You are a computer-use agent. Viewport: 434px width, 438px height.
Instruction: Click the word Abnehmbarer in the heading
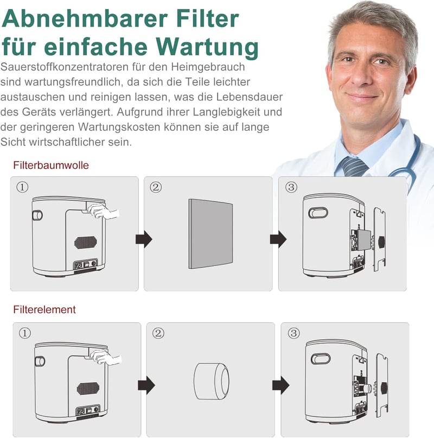pos(85,18)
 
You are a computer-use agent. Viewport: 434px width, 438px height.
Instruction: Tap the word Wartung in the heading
pos(207,48)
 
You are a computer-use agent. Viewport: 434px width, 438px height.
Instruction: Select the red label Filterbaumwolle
pos(51,165)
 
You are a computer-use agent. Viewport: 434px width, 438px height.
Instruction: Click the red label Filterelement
pos(44,309)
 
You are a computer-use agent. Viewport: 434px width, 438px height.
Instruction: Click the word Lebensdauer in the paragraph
pos(250,97)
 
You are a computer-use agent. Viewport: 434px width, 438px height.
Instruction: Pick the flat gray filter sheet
pos(210,234)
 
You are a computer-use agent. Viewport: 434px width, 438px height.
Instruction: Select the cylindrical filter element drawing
pos(212,381)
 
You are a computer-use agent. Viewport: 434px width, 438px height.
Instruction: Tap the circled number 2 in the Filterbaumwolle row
pos(156,187)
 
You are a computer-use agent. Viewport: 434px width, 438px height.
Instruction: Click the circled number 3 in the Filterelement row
pos(293,333)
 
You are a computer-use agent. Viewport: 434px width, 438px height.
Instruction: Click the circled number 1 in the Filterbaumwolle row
pos(22,187)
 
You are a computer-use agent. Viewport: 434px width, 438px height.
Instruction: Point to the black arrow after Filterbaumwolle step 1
pos(144,239)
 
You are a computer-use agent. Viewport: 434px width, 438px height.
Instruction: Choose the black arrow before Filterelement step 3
pos(280,385)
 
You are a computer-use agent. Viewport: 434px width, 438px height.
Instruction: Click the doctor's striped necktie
pos(353,166)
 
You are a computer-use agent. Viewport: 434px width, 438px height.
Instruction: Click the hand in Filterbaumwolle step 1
pos(103,212)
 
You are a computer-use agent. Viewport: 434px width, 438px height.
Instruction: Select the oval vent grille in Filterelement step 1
pos(88,389)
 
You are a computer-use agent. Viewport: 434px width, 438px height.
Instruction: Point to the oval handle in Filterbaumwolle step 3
pos(318,213)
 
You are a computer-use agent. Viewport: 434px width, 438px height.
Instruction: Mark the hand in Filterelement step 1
pos(106,358)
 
